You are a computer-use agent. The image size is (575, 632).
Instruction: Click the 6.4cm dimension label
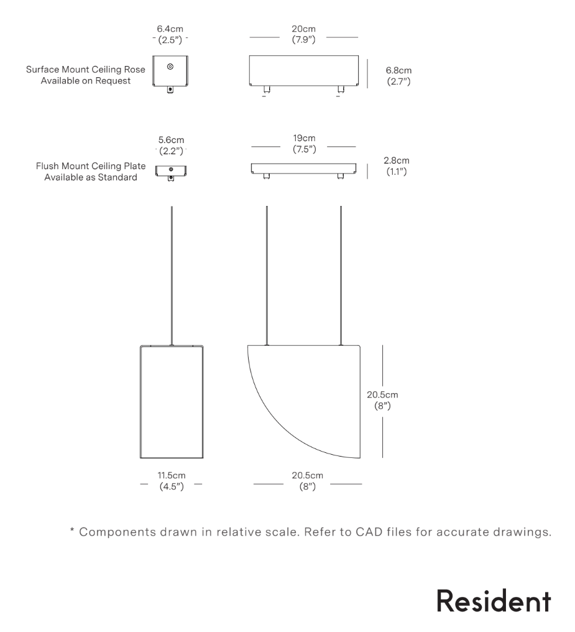pos(170,29)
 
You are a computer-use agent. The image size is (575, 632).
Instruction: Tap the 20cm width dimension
pos(304,29)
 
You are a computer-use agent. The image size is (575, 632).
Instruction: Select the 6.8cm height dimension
pos(398,71)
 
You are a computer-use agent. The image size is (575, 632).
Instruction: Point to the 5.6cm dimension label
pos(170,140)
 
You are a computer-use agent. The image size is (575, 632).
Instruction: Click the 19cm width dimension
pos(304,138)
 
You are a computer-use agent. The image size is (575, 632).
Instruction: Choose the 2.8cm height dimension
pos(397,160)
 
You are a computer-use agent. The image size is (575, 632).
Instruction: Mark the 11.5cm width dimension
pos(171,476)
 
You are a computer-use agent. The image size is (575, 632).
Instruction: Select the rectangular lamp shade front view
pos(171,401)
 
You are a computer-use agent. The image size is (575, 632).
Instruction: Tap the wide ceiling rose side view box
pos(304,71)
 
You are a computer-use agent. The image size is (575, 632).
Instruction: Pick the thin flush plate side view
pos(304,169)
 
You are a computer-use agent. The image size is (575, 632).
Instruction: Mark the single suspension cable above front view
pos(171,274)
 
